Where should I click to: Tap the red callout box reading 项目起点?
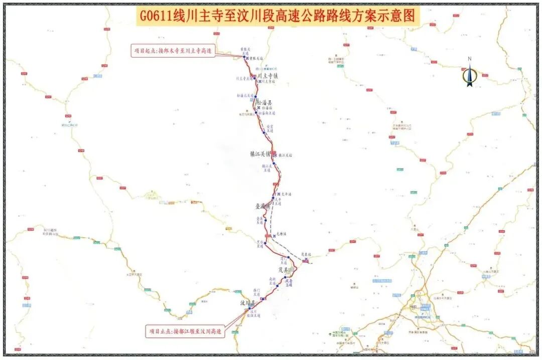[x=172, y=51]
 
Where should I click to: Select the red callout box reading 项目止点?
[x=185, y=331]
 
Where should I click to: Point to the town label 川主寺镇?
[x=268, y=76]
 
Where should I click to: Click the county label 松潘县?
[x=264, y=102]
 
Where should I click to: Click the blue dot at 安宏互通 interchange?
[x=264, y=132]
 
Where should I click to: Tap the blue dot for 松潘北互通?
[x=255, y=96]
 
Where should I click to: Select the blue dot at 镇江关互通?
[x=274, y=164]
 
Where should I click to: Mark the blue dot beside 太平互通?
[x=273, y=199]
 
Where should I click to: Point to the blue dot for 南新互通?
[x=277, y=286]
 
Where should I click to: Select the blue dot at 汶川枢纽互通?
[x=249, y=308]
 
